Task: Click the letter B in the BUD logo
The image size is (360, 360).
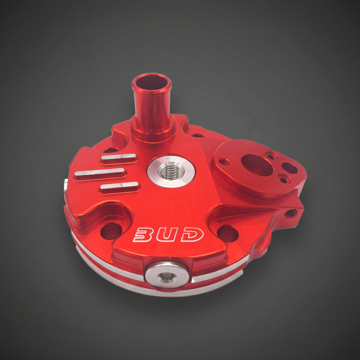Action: click(x=142, y=234)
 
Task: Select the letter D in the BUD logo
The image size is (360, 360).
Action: click(x=192, y=234)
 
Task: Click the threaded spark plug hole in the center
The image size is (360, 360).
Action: click(x=171, y=172)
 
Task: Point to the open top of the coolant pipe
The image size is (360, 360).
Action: click(x=151, y=82)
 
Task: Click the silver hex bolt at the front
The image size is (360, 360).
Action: click(x=167, y=275)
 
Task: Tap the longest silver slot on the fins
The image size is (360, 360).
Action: click(x=99, y=173)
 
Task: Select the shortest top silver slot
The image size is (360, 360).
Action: click(x=118, y=157)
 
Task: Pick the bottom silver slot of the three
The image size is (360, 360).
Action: click(x=119, y=186)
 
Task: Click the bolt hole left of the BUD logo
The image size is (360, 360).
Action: click(x=111, y=231)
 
